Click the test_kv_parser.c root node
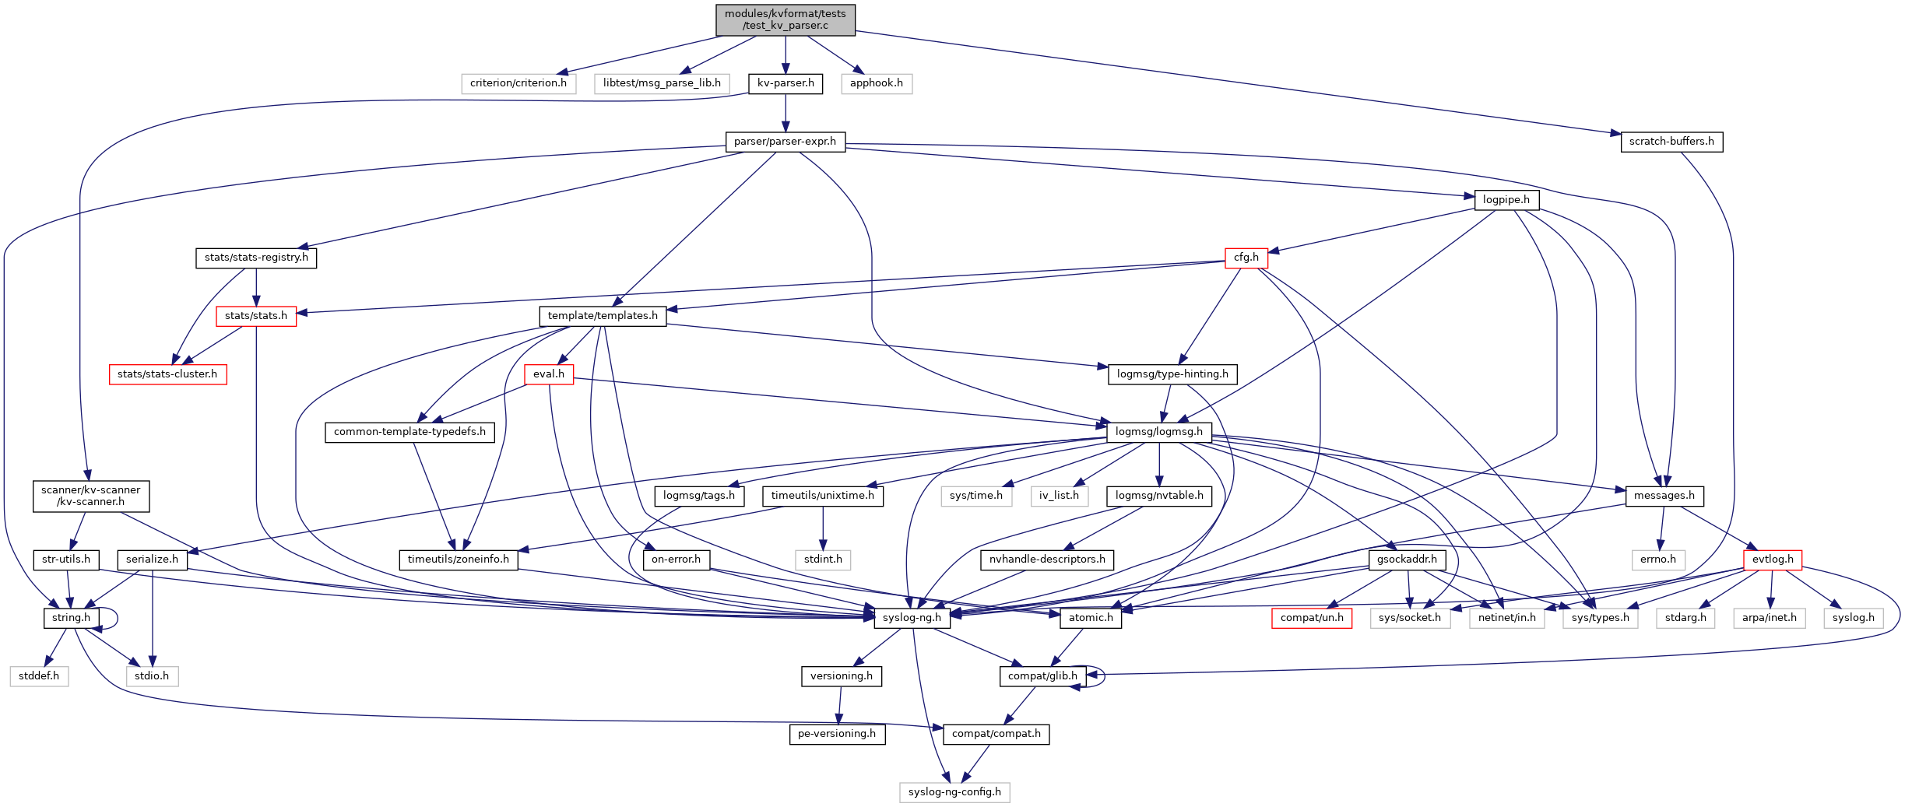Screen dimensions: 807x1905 pyautogui.click(x=785, y=19)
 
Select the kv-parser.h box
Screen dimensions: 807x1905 pyautogui.click(x=785, y=83)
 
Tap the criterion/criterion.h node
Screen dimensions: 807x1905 pyautogui.click(x=518, y=83)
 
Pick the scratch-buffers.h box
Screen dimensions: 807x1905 pyautogui.click(x=1671, y=142)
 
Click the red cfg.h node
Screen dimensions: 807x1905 pyautogui.click(x=1246, y=258)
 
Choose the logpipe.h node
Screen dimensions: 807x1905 pyautogui.click(x=1506, y=200)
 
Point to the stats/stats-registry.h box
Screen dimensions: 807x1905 pyautogui.click(x=255, y=258)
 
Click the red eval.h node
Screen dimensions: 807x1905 pyautogui.click(x=548, y=374)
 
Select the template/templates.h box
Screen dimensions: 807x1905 pyautogui.click(x=602, y=316)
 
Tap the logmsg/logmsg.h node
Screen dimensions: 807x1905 pyautogui.click(x=1158, y=432)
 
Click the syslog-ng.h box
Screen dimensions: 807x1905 pyautogui.click(x=912, y=618)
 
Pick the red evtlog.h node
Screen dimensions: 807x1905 pyautogui.click(x=1772, y=560)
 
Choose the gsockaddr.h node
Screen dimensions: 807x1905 pyautogui.click(x=1407, y=560)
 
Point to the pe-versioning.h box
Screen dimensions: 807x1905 pyautogui.click(x=836, y=734)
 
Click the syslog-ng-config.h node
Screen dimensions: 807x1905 pyautogui.click(x=954, y=792)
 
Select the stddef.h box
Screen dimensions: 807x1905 pyautogui.click(x=39, y=676)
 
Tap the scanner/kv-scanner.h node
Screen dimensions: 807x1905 pyautogui.click(x=90, y=496)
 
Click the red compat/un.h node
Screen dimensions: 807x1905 pyautogui.click(x=1311, y=618)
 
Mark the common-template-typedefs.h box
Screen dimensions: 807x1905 pyautogui.click(x=409, y=432)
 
